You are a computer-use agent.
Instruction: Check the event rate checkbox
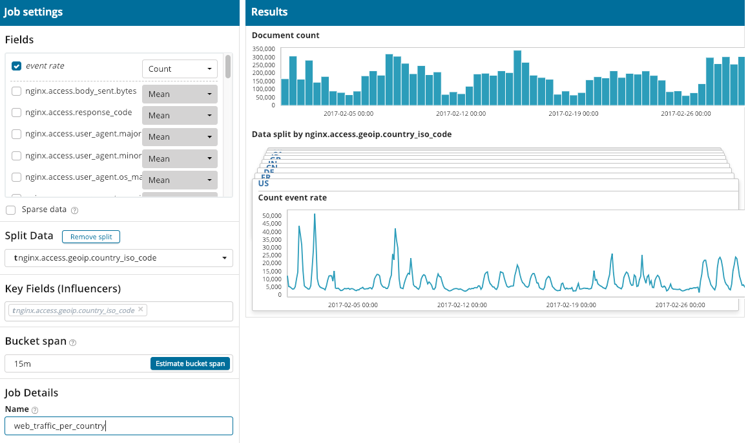17,66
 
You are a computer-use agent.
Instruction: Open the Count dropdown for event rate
180,69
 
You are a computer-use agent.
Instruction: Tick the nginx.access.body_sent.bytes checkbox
17,91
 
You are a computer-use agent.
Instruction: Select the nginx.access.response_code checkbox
17,113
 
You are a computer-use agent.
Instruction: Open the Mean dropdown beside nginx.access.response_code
180,116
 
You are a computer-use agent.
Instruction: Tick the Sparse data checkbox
10,210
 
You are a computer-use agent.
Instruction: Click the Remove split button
91,237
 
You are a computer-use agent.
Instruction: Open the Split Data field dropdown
119,258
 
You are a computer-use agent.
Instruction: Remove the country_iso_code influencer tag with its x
141,309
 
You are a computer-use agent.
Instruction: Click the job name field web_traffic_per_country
119,426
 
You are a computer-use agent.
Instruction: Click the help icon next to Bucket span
73,342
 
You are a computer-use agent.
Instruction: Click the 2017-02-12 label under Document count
461,114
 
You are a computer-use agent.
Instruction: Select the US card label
264,184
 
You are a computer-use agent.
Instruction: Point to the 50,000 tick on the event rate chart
271,215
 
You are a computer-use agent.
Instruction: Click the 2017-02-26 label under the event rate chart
680,305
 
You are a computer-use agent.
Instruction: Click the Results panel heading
269,12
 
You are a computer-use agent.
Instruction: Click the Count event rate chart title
293,198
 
